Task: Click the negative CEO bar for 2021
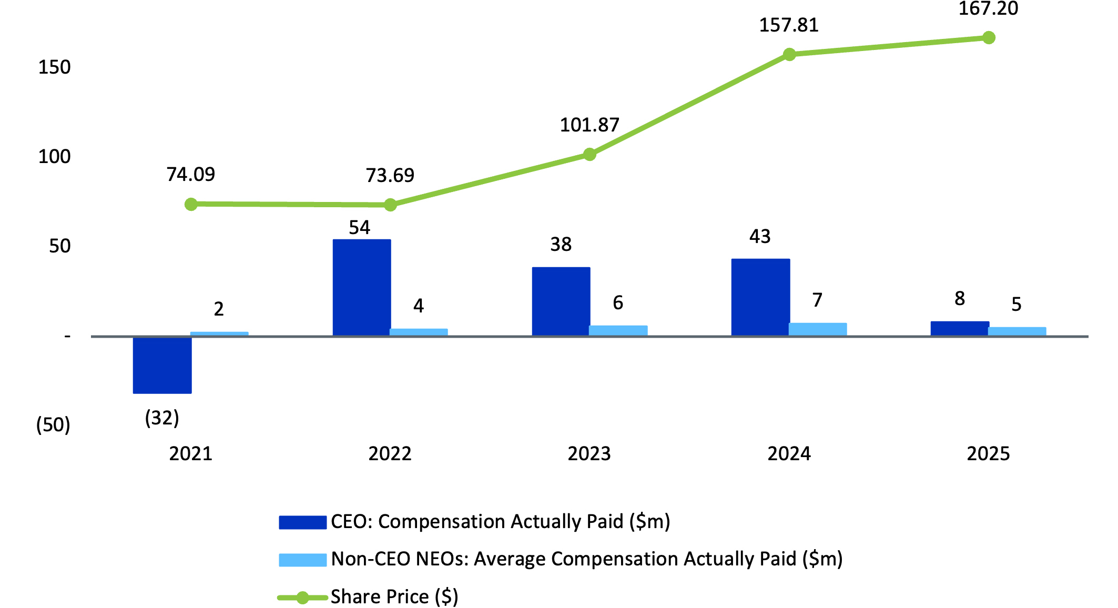click(x=162, y=364)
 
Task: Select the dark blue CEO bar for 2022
click(x=362, y=288)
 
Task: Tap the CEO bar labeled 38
click(x=561, y=301)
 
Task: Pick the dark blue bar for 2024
click(x=760, y=297)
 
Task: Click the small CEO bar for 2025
click(x=960, y=329)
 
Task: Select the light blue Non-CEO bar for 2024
click(x=818, y=329)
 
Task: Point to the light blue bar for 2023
click(x=618, y=330)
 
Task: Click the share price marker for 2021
click(x=191, y=204)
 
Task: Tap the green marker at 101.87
click(x=590, y=155)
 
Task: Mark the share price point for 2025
click(x=989, y=38)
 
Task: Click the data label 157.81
click(x=789, y=25)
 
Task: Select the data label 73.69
click(x=390, y=175)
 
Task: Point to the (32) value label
click(x=162, y=418)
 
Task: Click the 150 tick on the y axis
click(x=54, y=67)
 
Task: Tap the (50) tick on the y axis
click(x=53, y=425)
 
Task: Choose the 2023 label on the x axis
click(x=589, y=453)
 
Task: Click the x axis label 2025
click(x=988, y=453)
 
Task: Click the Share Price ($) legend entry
click(x=394, y=597)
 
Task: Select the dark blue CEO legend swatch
click(x=302, y=522)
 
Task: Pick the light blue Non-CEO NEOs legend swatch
click(x=302, y=560)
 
